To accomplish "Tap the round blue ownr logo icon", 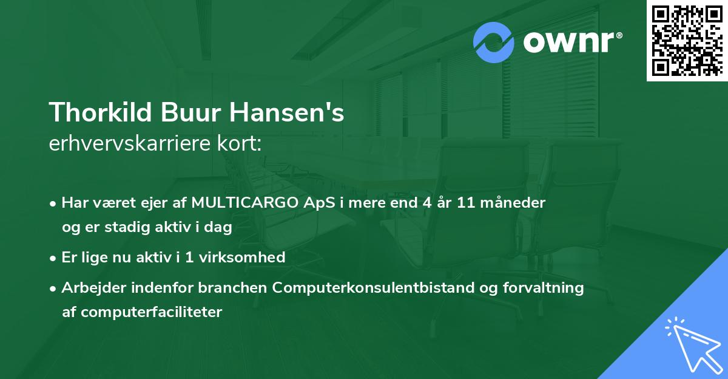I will point(494,42).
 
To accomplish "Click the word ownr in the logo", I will point(571,43).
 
